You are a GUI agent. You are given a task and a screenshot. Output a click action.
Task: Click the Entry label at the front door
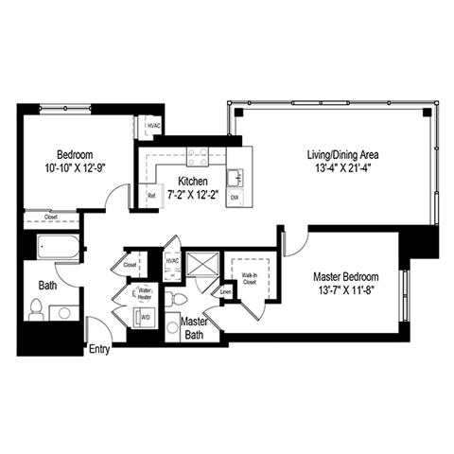click(99, 349)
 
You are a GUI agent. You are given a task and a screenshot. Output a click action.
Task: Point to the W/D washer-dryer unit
click(146, 318)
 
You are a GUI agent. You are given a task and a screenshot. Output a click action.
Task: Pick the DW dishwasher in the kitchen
click(235, 197)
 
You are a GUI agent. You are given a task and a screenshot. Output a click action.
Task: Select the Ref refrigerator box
click(151, 196)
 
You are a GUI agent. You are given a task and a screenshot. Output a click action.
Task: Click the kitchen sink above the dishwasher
click(236, 174)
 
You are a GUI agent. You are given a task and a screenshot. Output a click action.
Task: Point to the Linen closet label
click(225, 291)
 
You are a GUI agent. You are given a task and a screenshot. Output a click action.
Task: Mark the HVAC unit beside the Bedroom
click(152, 126)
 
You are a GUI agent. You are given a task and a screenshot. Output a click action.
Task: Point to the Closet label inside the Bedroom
click(49, 217)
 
